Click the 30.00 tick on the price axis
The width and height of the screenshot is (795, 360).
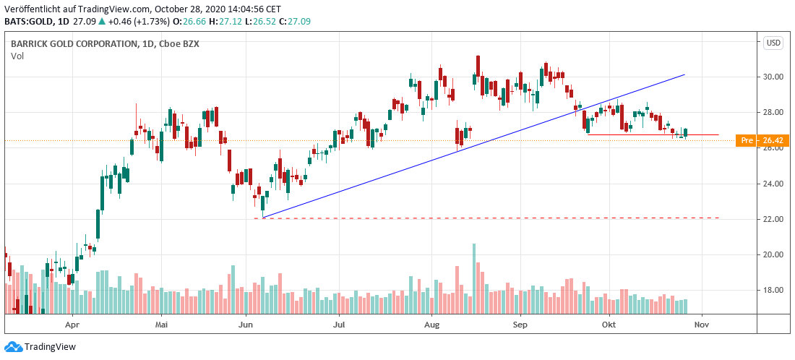pyautogui.click(x=774, y=77)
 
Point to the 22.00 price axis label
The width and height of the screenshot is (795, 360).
pyautogui.click(x=774, y=219)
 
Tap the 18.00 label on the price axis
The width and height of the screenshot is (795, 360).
pyautogui.click(x=774, y=291)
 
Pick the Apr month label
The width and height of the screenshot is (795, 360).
pyautogui.click(x=72, y=325)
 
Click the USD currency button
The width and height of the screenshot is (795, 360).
pyautogui.click(x=773, y=43)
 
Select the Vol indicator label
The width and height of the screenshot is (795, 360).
pyautogui.click(x=17, y=55)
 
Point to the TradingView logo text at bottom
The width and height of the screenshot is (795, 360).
pyautogui.click(x=50, y=346)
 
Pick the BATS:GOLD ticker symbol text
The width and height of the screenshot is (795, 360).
pyautogui.click(x=28, y=22)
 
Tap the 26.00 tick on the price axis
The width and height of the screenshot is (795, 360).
pyautogui.click(x=774, y=148)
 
